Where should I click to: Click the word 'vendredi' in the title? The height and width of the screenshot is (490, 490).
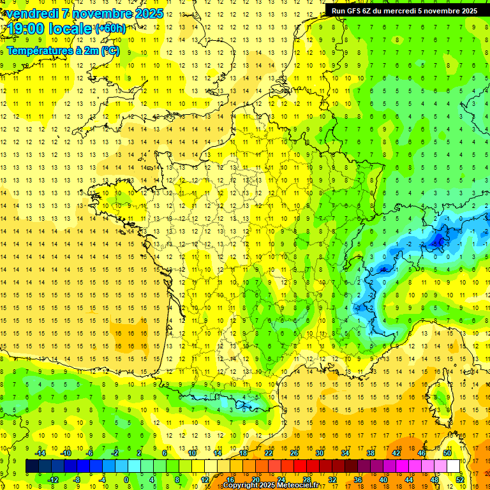tap(33, 13)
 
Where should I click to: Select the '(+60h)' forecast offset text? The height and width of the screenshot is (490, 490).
tap(110, 28)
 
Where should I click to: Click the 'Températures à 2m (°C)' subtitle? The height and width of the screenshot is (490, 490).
tap(63, 50)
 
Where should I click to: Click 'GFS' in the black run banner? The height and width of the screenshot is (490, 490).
tap(353, 11)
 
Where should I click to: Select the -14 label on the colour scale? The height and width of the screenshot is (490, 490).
tap(40, 453)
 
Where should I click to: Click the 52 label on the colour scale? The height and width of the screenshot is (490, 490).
tap(460, 480)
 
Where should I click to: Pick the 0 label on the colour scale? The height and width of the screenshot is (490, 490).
tap(126, 480)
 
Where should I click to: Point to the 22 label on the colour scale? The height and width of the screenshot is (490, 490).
tap(269, 453)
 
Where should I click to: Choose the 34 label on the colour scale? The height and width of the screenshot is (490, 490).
tap(345, 453)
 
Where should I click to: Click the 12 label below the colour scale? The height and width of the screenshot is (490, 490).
tap(205, 480)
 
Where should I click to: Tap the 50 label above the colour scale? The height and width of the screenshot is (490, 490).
tap(447, 453)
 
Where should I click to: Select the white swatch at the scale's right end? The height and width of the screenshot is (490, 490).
tap(454, 466)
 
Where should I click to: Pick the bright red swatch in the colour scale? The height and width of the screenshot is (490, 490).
tap(301, 466)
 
